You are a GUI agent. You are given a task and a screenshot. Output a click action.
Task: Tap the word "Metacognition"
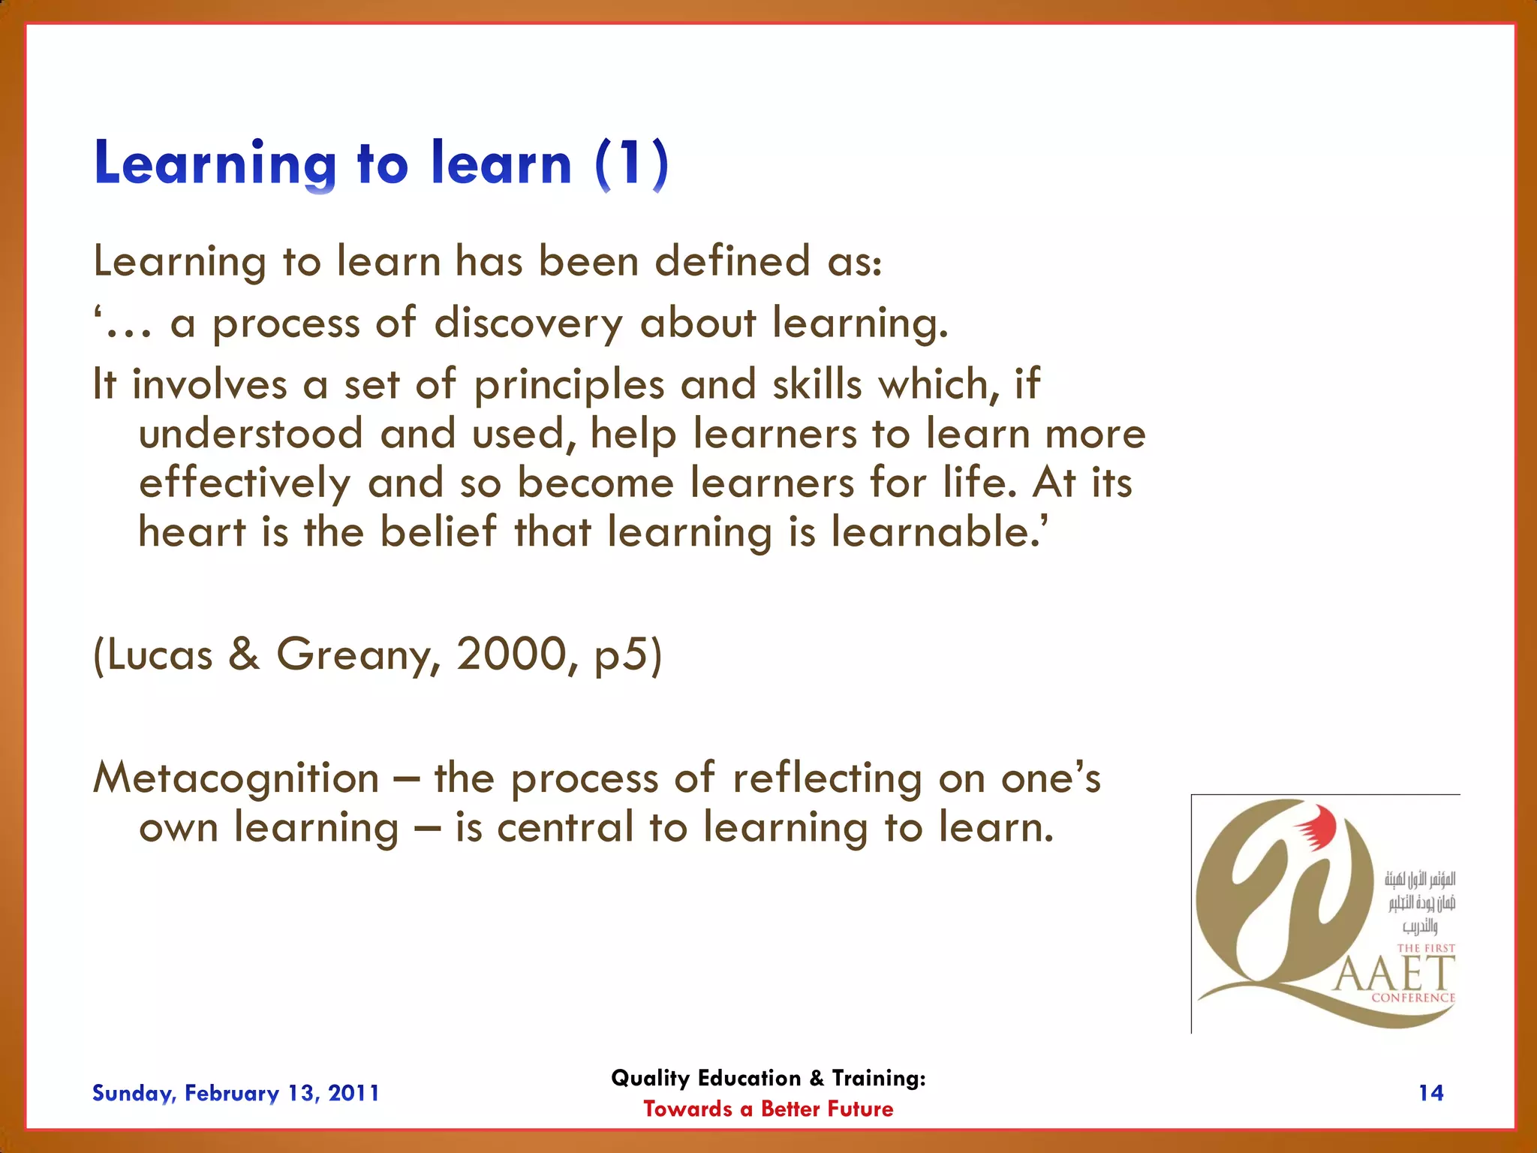(236, 778)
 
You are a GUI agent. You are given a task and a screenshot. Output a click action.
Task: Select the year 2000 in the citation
(512, 654)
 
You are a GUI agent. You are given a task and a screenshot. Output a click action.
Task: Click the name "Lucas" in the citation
(159, 655)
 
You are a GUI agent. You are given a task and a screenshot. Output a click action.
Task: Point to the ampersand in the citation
(244, 654)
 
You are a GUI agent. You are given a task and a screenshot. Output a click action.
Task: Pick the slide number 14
(1430, 1093)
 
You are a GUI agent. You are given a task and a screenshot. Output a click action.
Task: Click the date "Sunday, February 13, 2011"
(236, 1093)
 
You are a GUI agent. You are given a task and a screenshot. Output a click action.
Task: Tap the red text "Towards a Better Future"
(768, 1109)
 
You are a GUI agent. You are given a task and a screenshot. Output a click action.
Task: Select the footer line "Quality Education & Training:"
(768, 1078)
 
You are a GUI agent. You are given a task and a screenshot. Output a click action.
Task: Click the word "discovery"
(528, 324)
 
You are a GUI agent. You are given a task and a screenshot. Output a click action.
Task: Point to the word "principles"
(569, 385)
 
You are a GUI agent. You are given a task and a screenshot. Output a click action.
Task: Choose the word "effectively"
(245, 483)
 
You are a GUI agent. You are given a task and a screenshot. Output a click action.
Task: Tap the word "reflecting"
(826, 778)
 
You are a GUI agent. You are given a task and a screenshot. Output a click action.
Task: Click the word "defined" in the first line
(732, 261)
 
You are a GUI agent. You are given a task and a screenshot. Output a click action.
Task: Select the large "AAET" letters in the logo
(1394, 974)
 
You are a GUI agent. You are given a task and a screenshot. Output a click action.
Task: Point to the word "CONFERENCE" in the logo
(1412, 998)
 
